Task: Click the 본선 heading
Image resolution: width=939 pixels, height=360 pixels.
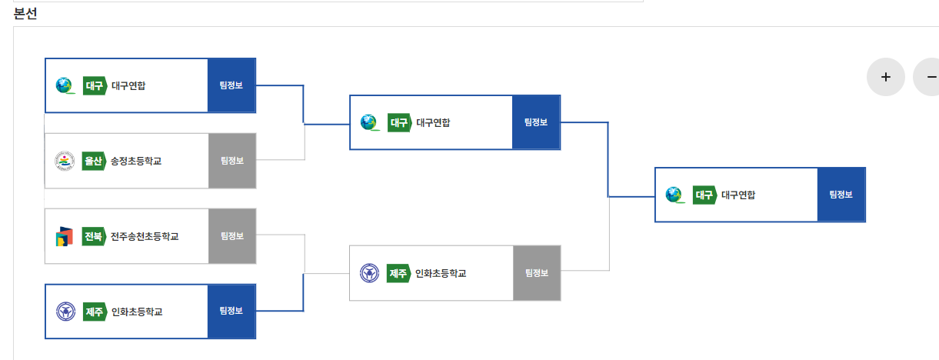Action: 25,13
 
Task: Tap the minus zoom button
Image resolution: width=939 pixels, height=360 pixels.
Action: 928,77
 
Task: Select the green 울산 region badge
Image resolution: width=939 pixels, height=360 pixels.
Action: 92,161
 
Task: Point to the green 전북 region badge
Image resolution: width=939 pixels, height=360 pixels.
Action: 92,236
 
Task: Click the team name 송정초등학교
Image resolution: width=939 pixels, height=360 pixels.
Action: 136,161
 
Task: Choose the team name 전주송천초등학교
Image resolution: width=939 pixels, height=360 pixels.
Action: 145,236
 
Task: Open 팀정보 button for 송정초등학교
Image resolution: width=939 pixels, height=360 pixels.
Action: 231,161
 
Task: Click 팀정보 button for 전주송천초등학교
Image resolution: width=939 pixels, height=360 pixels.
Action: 231,236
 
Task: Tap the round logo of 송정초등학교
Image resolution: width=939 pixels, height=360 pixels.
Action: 65,161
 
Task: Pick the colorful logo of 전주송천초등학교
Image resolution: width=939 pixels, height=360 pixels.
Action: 65,236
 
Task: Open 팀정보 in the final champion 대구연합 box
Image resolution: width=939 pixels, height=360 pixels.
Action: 841,195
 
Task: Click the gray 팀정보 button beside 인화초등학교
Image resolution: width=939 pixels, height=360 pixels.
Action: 537,273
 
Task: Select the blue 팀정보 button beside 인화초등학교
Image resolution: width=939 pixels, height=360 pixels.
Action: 231,312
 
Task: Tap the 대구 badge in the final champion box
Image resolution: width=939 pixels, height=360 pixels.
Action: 704,195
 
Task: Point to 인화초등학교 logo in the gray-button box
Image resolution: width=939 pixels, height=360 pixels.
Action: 370,273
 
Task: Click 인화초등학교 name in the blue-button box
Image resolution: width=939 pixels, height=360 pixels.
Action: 137,312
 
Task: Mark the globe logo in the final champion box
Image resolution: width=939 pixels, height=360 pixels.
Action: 674,195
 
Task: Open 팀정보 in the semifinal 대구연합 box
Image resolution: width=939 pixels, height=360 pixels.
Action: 536,122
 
